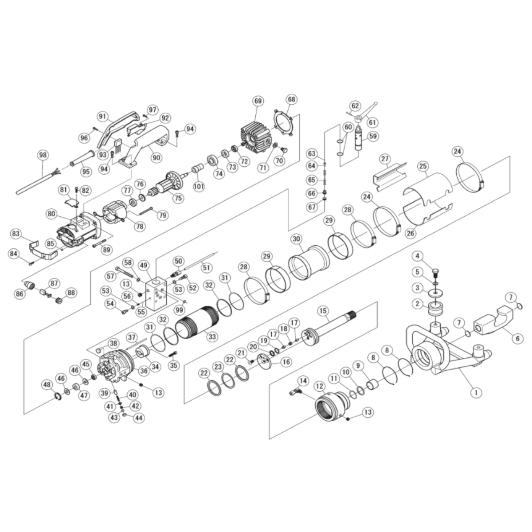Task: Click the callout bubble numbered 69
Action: pos(258,102)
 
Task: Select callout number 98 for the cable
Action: pos(43,155)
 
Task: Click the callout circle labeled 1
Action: pos(477,392)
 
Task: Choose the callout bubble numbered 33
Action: pos(212,336)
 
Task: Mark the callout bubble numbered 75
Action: pos(178,198)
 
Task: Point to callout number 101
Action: pos(199,187)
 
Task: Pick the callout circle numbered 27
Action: pos(385,158)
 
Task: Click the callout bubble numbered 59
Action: pos(373,136)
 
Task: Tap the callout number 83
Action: pos(16,234)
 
